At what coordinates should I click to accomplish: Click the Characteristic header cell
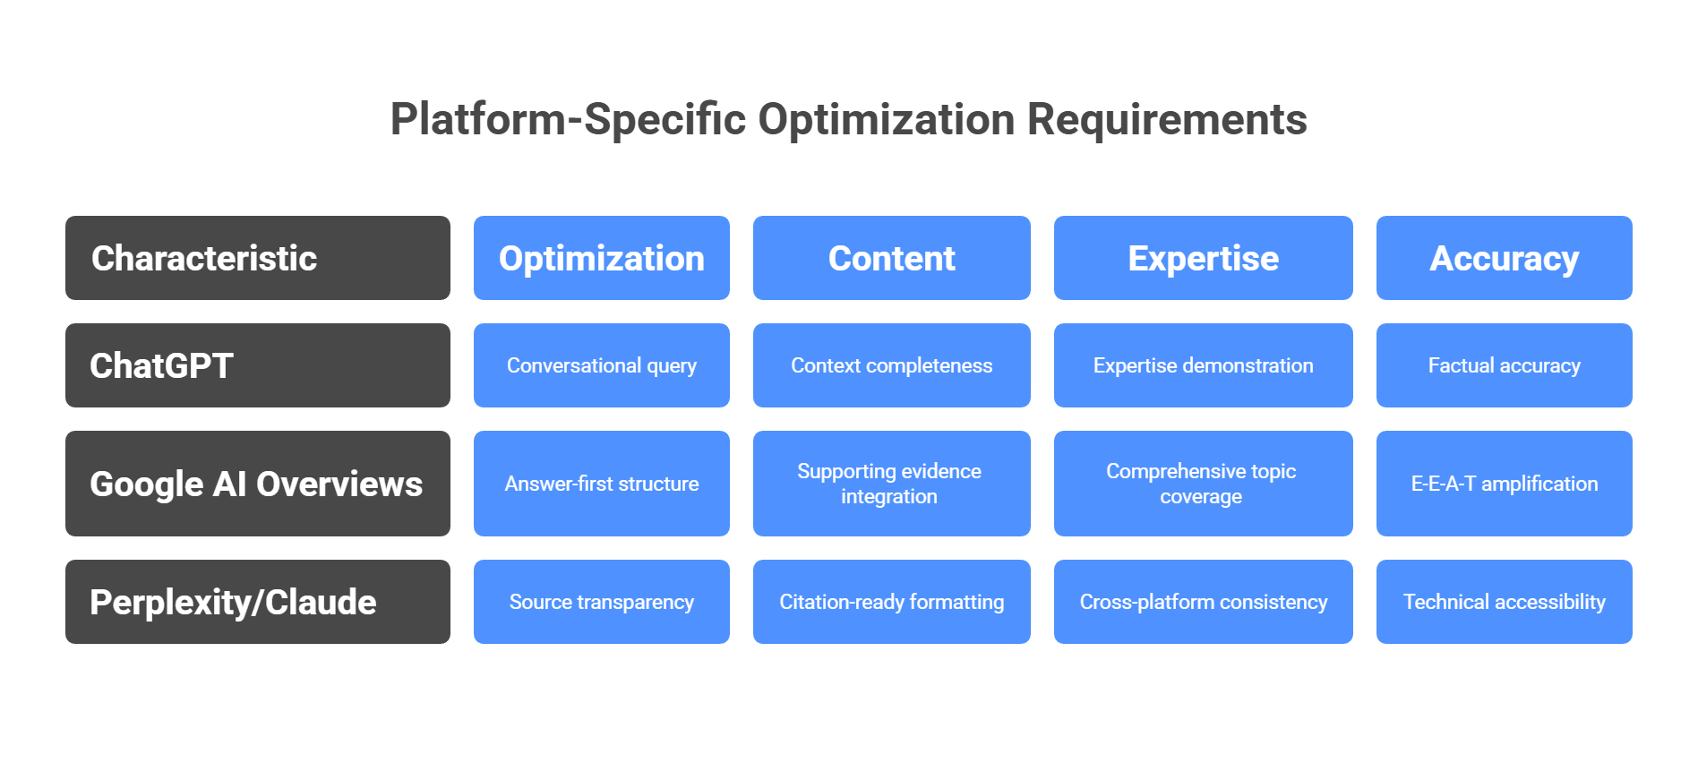[x=257, y=258]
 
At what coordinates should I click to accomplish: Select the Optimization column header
[x=601, y=258]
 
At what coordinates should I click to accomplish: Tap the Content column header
[x=891, y=258]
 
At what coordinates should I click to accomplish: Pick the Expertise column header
[x=1203, y=258]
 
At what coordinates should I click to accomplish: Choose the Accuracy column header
[x=1504, y=258]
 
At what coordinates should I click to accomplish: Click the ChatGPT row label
[x=257, y=365]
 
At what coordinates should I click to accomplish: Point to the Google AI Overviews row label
[x=257, y=484]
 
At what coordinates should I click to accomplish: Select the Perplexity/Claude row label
[x=257, y=602]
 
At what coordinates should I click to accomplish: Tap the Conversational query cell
[x=601, y=365]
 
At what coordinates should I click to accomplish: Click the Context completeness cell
[x=891, y=365]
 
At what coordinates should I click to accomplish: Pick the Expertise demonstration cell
[x=1203, y=365]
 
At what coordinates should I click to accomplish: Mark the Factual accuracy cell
[x=1504, y=365]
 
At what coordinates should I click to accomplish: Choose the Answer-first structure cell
[x=601, y=484]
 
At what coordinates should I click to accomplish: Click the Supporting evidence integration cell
[x=891, y=484]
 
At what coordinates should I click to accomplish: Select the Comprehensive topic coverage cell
[x=1203, y=484]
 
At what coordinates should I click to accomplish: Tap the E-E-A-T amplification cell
[x=1504, y=484]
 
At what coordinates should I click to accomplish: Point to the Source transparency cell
[x=601, y=602]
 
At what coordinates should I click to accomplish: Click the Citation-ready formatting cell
[x=891, y=602]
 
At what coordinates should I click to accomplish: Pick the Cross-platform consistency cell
[x=1203, y=602]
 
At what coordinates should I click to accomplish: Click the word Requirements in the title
[x=1166, y=120]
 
